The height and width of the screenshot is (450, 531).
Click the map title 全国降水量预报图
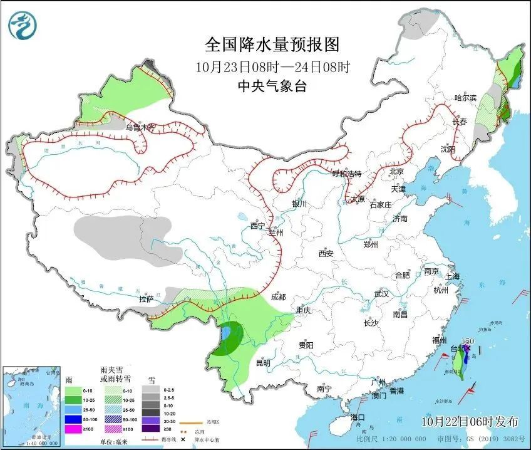272,44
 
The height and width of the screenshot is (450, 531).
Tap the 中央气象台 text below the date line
272,87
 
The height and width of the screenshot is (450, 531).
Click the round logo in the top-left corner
23,25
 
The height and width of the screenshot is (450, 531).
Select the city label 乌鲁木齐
139,127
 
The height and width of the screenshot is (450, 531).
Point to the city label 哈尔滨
465,98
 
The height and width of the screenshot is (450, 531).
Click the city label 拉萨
147,299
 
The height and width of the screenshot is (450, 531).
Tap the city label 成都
278,297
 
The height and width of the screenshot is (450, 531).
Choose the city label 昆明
263,362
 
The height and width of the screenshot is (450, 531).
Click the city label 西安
326,254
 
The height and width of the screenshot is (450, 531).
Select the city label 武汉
381,293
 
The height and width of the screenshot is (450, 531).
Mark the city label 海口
358,417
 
